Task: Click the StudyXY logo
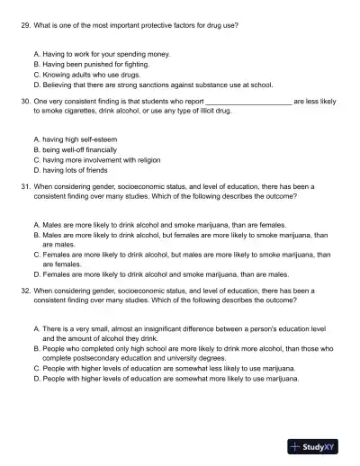[316, 445]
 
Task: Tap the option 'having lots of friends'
[78, 168]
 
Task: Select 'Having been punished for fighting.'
[95, 65]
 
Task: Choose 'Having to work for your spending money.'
[103, 56]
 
